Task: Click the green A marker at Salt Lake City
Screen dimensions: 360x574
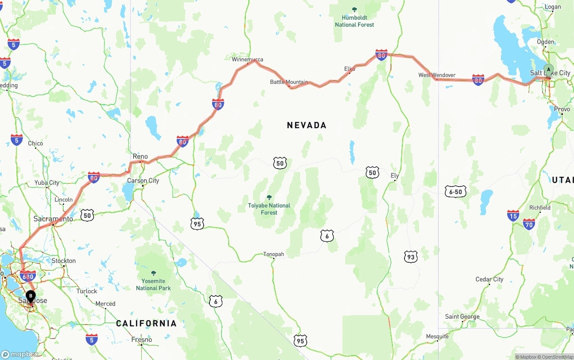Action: pyautogui.click(x=548, y=69)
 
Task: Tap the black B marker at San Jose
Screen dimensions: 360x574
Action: pyautogui.click(x=30, y=295)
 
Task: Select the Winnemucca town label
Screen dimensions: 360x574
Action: pyautogui.click(x=247, y=60)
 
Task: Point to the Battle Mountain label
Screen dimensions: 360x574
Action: pyautogui.click(x=289, y=82)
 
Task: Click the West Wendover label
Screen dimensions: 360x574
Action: pyautogui.click(x=437, y=75)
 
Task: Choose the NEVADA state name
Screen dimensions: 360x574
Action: pyautogui.click(x=307, y=126)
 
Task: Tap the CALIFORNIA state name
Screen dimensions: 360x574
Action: pyautogui.click(x=146, y=323)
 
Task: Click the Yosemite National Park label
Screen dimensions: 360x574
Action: pyautogui.click(x=153, y=284)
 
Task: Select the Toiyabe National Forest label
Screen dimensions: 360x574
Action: pyautogui.click(x=269, y=208)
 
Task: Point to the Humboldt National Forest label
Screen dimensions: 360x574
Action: pyautogui.click(x=354, y=21)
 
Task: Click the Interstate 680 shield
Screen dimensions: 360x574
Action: pyautogui.click(x=28, y=276)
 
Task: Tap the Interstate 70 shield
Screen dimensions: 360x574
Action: pyautogui.click(x=529, y=224)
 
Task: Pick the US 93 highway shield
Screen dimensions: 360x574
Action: pyautogui.click(x=410, y=257)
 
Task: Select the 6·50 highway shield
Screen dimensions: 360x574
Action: pyautogui.click(x=456, y=192)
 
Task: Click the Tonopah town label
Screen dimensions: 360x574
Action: pyautogui.click(x=274, y=254)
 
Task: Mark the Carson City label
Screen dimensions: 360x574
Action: pyautogui.click(x=143, y=181)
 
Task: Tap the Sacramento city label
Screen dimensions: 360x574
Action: pyautogui.click(x=53, y=219)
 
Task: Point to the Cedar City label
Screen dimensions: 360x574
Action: pyautogui.click(x=489, y=279)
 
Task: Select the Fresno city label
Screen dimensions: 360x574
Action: pyautogui.click(x=142, y=340)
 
